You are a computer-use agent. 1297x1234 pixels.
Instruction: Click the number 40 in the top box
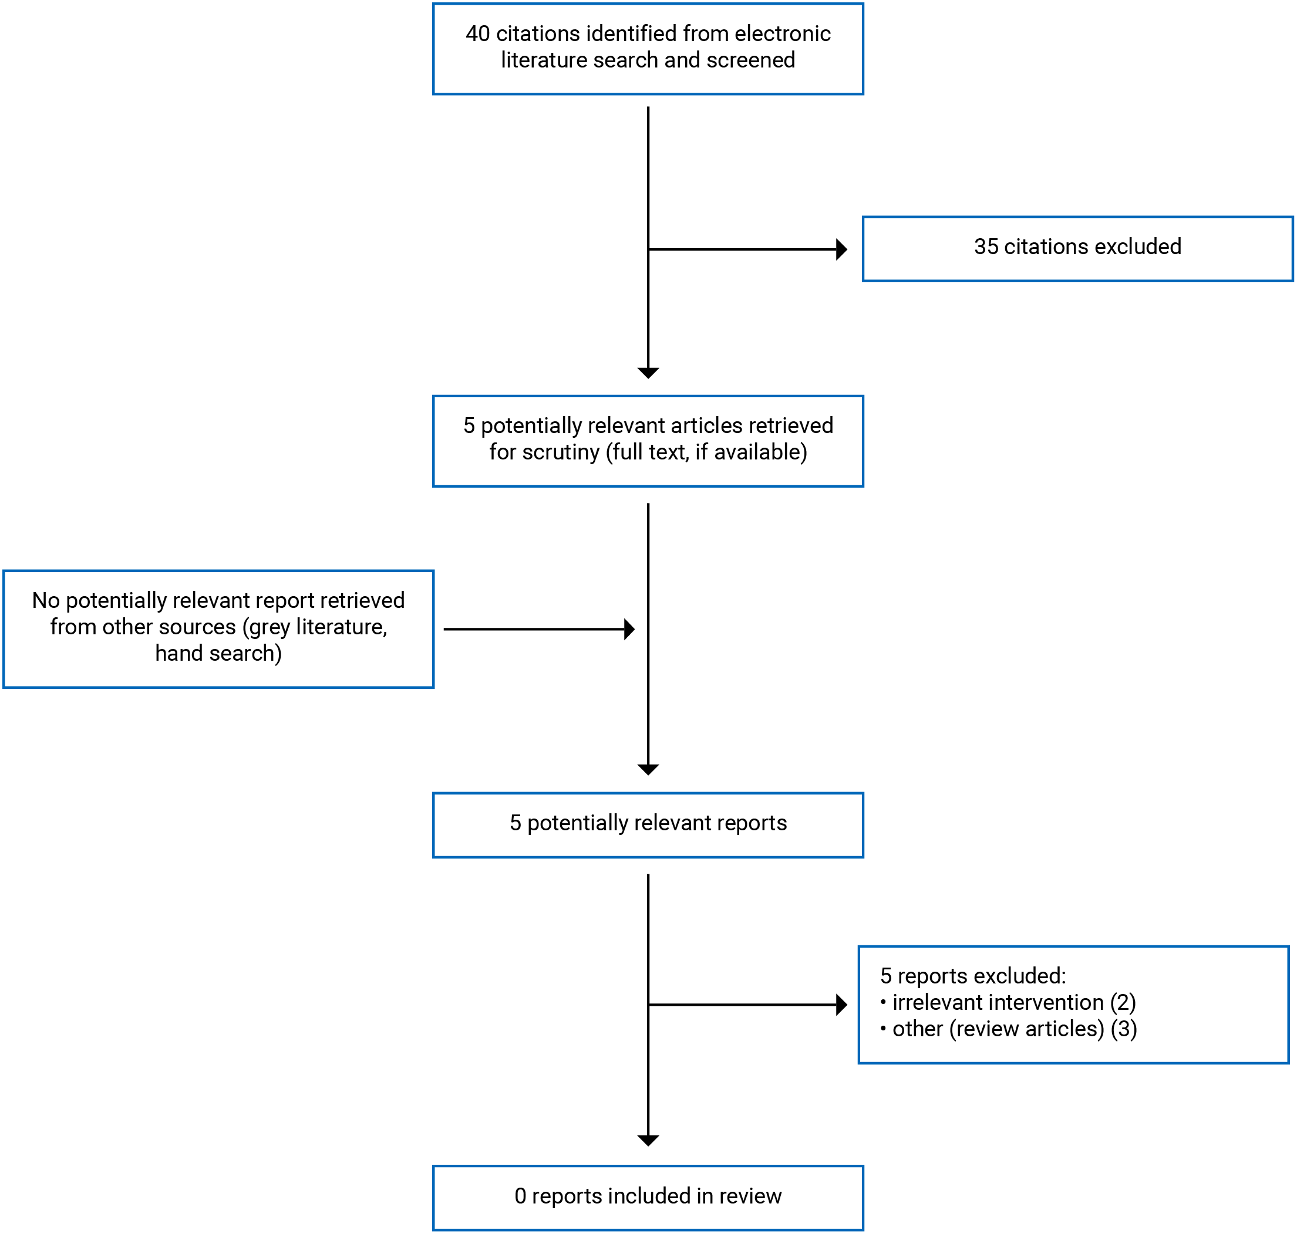pos(477,33)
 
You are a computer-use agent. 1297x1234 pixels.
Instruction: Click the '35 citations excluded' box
pos(1077,249)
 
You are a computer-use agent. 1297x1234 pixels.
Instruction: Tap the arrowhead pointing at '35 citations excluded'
pos(841,249)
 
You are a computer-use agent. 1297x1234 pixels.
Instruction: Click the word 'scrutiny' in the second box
pos(561,452)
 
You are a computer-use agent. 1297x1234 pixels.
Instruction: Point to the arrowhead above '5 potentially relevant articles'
pos(648,373)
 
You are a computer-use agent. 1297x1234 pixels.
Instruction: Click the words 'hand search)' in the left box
pos(218,653)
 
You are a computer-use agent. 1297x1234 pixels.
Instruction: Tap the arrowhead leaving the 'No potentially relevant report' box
pos(629,629)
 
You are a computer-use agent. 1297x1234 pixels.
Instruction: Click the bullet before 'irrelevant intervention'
pos(883,1001)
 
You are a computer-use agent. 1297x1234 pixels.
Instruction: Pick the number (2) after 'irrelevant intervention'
pos(1123,1002)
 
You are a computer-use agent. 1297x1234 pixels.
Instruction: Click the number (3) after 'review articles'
pos(1124,1029)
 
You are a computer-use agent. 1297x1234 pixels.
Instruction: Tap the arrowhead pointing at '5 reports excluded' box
pos(841,1005)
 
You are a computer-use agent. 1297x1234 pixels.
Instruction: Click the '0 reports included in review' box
pos(648,1195)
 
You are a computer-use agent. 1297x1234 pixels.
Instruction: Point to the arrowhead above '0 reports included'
pos(648,1140)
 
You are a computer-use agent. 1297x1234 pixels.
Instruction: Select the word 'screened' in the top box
pos(750,60)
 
